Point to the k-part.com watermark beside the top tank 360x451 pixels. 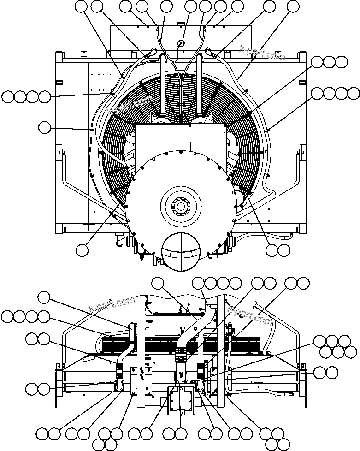[262, 53]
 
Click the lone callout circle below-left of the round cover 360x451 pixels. [82, 249]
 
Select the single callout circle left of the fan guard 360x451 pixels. [44, 128]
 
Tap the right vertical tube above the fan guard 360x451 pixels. [199, 85]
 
